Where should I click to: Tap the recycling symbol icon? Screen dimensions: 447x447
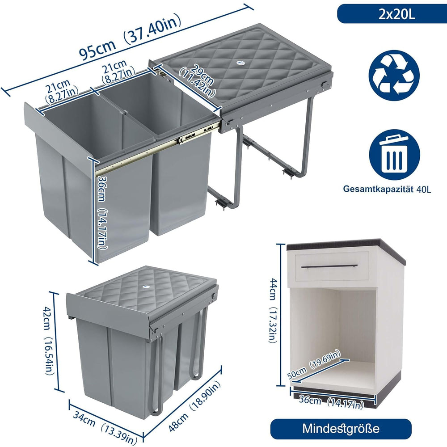394,76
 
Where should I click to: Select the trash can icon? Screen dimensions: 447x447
395,155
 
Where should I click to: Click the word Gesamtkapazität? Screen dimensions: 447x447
378,189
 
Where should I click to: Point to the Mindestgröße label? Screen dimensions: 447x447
341,429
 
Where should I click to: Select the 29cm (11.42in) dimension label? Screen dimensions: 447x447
197,81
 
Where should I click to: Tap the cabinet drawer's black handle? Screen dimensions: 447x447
329,266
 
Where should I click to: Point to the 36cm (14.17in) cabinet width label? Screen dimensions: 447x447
331,402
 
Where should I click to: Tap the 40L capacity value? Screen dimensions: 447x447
423,189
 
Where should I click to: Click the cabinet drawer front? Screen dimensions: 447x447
332,266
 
